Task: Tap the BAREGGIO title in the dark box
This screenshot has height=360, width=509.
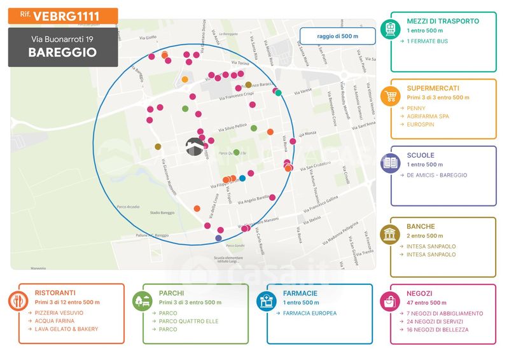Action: [62, 53]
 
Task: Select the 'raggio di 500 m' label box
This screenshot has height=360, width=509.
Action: [337, 36]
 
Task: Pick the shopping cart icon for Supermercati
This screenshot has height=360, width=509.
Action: [388, 97]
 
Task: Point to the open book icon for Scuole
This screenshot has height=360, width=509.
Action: [388, 163]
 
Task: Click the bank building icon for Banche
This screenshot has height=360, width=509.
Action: [388, 234]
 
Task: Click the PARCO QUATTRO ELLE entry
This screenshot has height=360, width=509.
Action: [185, 321]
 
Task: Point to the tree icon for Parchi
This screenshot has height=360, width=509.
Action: [140, 300]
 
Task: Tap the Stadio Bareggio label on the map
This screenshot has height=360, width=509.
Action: [162, 212]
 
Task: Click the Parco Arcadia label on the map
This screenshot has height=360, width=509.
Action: [129, 207]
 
